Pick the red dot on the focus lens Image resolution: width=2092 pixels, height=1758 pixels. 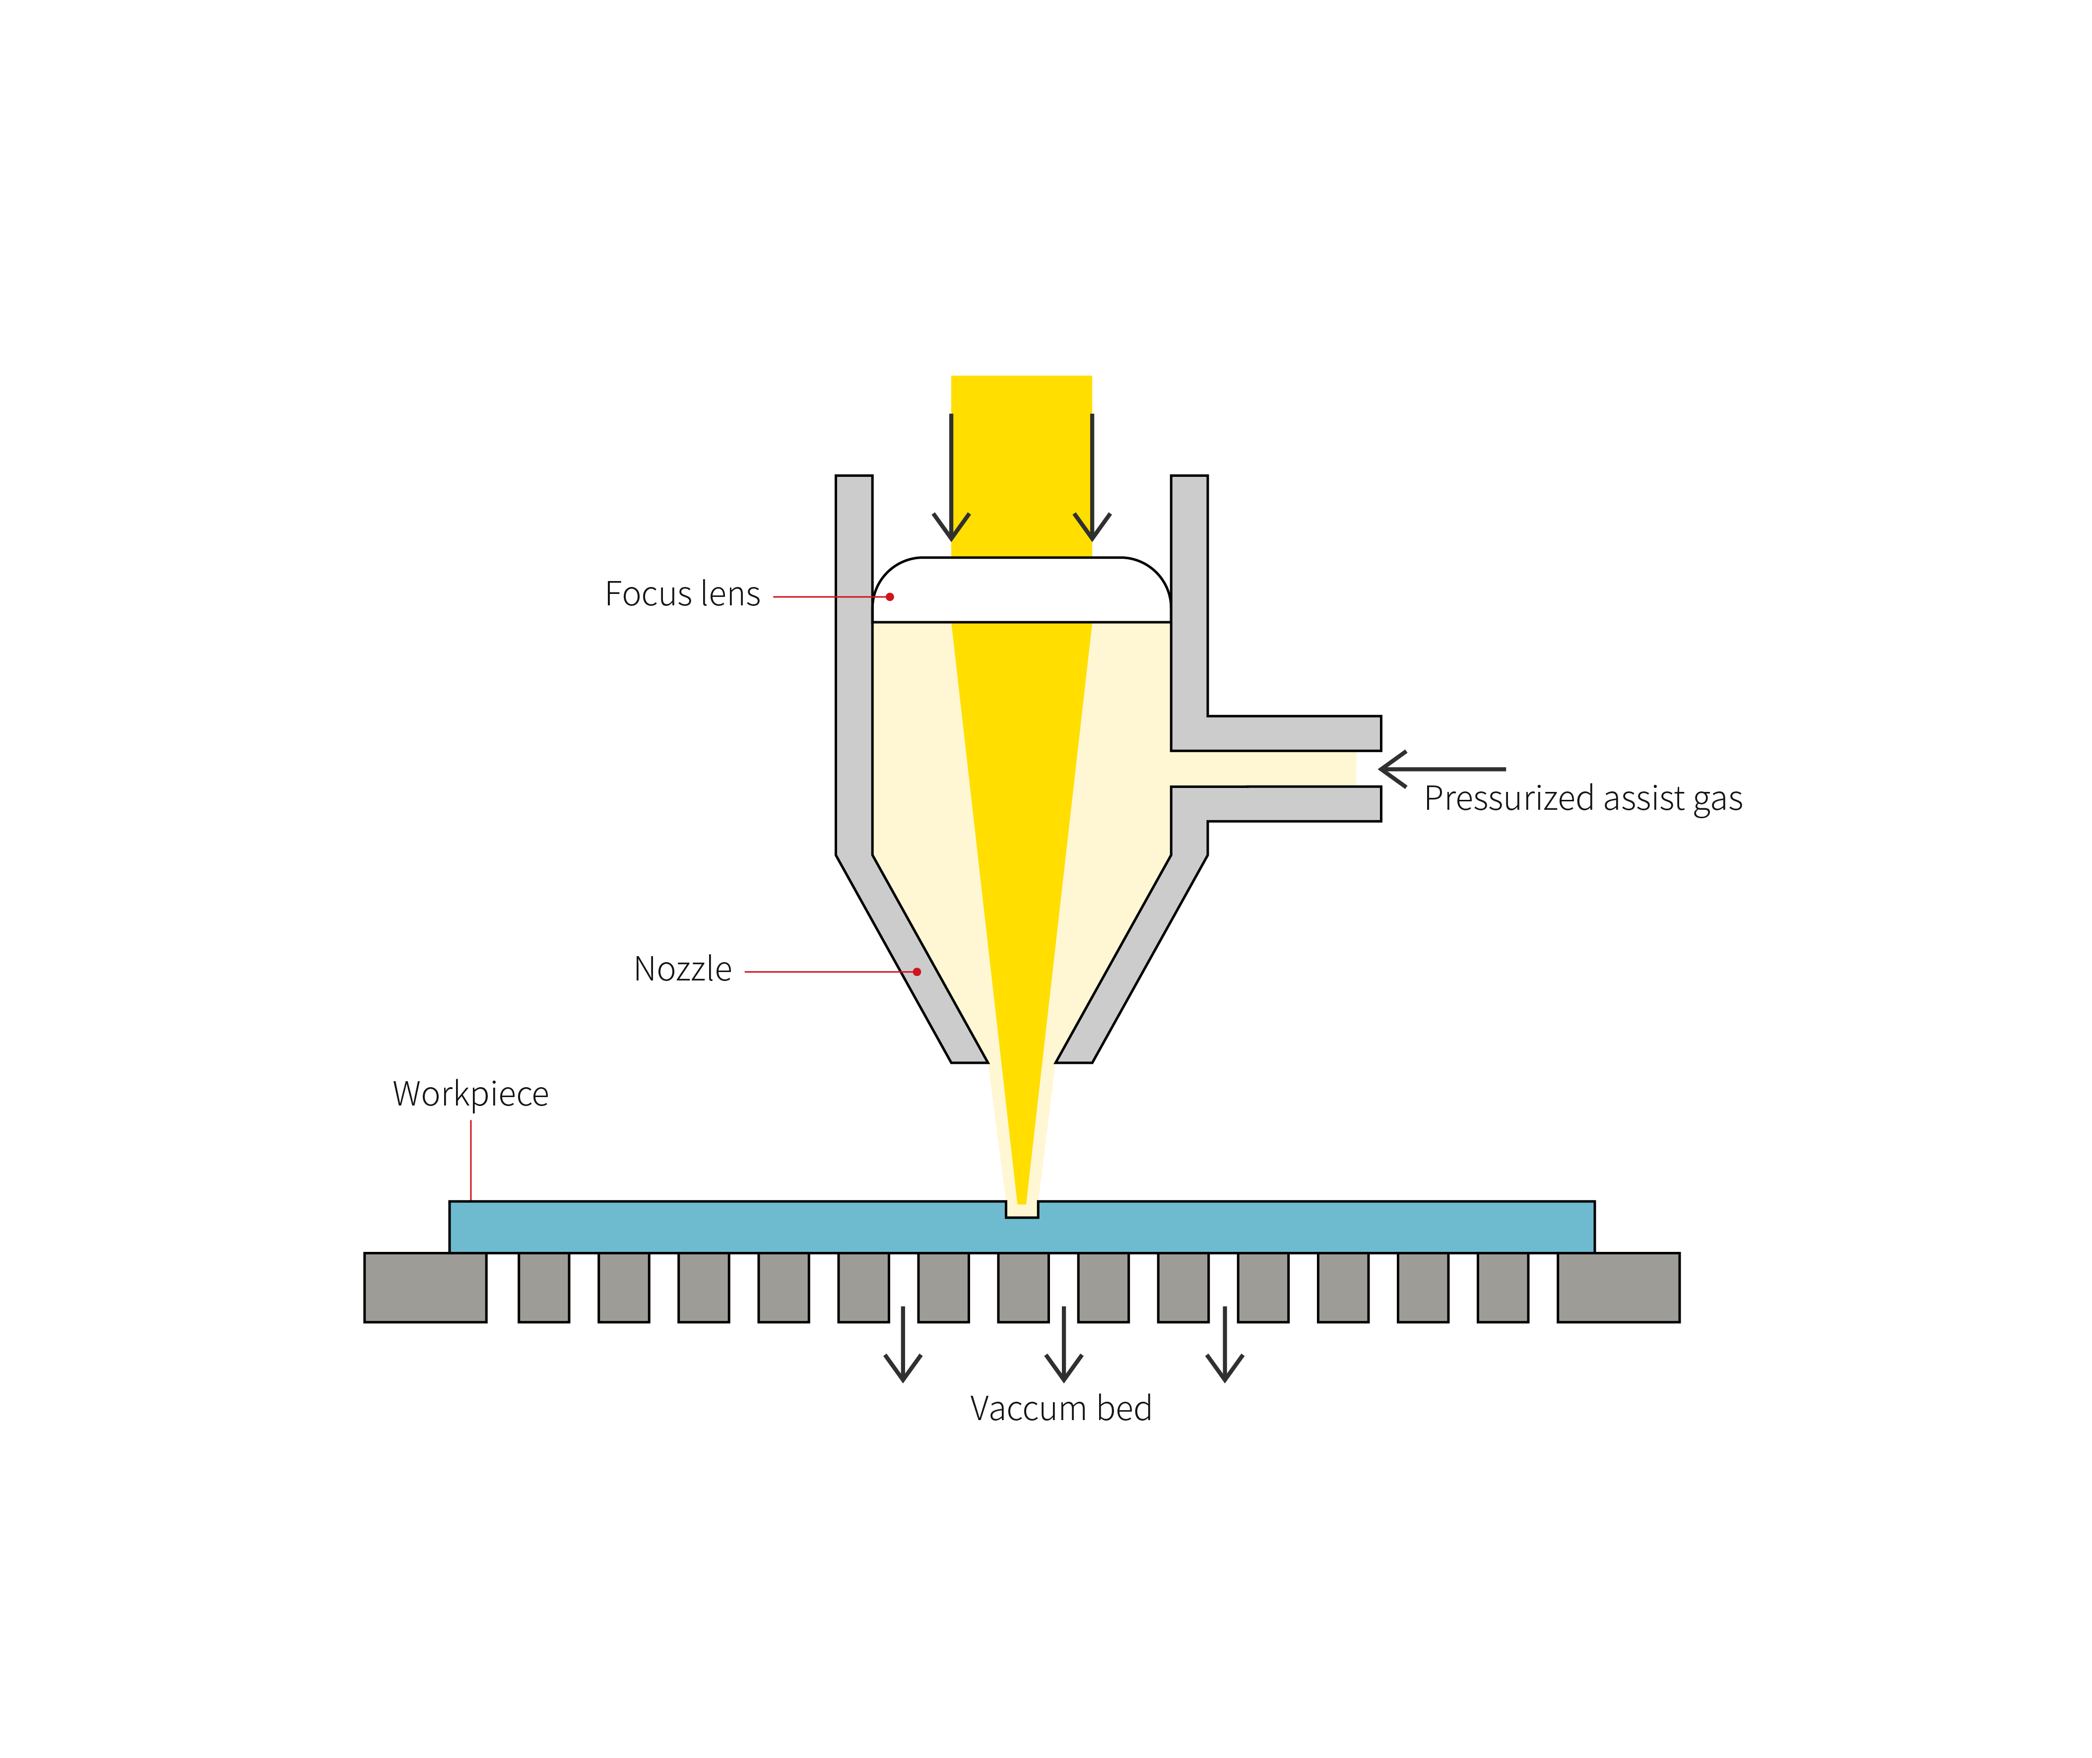[890, 597]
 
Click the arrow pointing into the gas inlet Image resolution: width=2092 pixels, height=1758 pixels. [1440, 770]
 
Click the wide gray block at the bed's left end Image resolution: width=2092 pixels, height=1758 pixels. [426, 1288]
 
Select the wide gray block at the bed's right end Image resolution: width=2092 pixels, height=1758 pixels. [1619, 1288]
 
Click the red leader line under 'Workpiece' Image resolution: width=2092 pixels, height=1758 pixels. [470, 1161]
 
